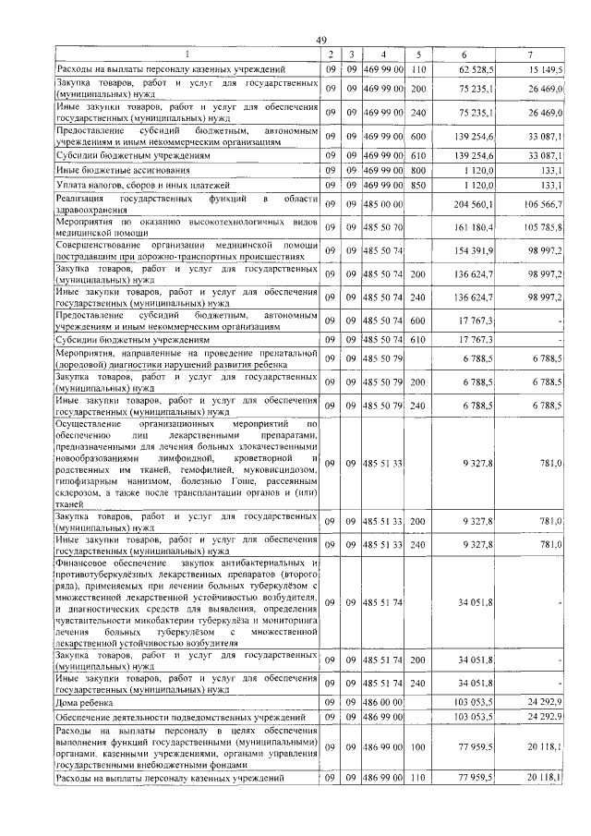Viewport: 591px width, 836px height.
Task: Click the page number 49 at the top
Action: (x=321, y=39)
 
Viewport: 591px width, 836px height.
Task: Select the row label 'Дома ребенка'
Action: (x=84, y=703)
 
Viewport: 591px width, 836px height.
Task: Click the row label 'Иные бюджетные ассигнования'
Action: (x=115, y=171)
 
